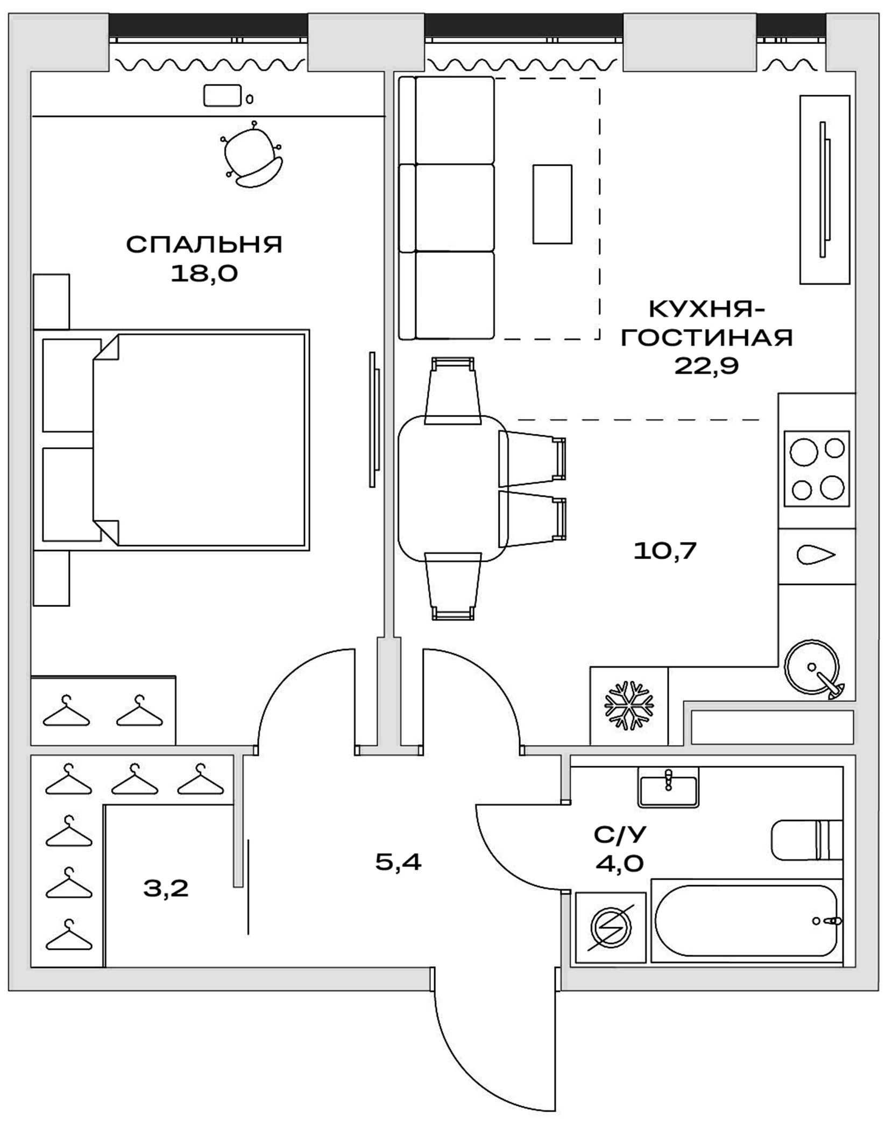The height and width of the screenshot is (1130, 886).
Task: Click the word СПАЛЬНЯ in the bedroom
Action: [x=204, y=244]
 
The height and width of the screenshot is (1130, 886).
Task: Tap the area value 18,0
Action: [x=204, y=274]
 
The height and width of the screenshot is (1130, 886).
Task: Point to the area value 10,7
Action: [x=665, y=550]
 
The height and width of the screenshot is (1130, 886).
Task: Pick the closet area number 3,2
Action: [x=166, y=888]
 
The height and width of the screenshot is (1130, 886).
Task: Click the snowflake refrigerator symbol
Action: [x=628, y=705]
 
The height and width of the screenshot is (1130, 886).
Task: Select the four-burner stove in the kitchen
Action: [x=816, y=468]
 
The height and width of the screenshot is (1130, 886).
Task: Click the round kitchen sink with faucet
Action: [x=811, y=668]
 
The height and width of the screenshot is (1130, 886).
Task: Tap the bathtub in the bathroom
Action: [x=745, y=921]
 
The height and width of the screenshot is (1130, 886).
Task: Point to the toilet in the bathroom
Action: [x=805, y=840]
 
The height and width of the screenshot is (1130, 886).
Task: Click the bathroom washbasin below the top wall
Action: [x=668, y=789]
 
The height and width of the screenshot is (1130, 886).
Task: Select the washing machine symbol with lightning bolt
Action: [x=610, y=928]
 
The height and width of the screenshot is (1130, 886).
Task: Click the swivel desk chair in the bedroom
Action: [x=252, y=157]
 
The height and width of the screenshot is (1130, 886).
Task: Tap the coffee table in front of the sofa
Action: [x=552, y=204]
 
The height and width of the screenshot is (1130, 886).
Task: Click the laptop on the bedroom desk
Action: [x=222, y=96]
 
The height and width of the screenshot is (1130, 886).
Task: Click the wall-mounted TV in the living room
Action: [x=824, y=189]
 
